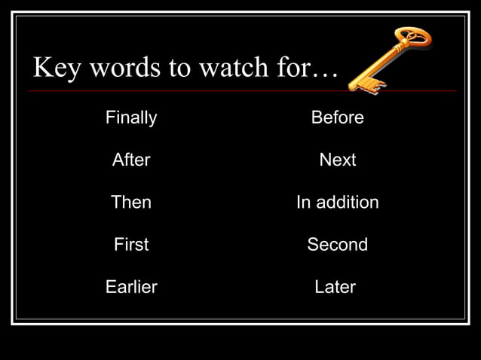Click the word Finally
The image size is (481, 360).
point(131,117)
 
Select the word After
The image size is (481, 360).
point(131,160)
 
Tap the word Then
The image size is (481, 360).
point(131,202)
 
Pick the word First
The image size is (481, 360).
point(131,244)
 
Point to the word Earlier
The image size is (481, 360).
point(131,287)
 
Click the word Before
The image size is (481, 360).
point(337,117)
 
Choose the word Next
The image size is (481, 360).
point(337,160)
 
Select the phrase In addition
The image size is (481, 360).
point(337,202)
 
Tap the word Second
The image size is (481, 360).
point(337,244)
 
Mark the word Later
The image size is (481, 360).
point(335,287)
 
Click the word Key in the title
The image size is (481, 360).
point(57,69)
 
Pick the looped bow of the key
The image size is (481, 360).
point(414,38)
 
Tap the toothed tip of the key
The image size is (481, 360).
point(364,84)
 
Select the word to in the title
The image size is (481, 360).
point(180,69)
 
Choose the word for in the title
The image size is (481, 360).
point(292,69)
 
